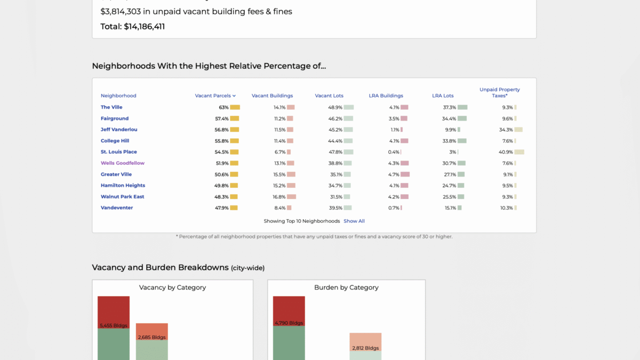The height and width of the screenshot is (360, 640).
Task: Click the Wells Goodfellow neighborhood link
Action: [x=123, y=163]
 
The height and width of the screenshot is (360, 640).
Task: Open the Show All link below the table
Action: [x=354, y=221]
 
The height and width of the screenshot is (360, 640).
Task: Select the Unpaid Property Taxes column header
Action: [x=499, y=93]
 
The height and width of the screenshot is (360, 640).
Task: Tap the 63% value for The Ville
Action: [x=223, y=107]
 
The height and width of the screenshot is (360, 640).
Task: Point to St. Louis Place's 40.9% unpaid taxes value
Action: [x=506, y=152]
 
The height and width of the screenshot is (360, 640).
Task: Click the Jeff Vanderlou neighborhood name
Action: [x=119, y=130]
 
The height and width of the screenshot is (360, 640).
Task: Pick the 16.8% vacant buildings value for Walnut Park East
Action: [x=279, y=197]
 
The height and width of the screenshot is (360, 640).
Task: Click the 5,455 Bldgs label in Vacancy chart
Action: [x=114, y=325]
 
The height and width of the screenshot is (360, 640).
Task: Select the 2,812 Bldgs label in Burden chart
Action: [x=365, y=348]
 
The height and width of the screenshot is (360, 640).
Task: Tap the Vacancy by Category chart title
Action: [x=172, y=287]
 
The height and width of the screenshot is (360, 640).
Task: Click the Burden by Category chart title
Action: [x=346, y=287]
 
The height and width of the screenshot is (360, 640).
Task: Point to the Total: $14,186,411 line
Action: [x=133, y=27]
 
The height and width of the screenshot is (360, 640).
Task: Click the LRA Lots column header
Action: [x=443, y=95]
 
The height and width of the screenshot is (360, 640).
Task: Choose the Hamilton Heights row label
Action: [x=123, y=186]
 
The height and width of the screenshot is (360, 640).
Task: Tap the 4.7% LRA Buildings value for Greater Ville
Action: [x=394, y=174]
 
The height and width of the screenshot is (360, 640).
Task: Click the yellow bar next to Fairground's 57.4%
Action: [x=235, y=118]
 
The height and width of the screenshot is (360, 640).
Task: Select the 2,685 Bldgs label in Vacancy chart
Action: [x=151, y=337]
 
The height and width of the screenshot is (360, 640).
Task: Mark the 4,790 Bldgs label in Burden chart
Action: [x=289, y=323]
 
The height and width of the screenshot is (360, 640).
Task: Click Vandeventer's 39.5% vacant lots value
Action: [x=335, y=208]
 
